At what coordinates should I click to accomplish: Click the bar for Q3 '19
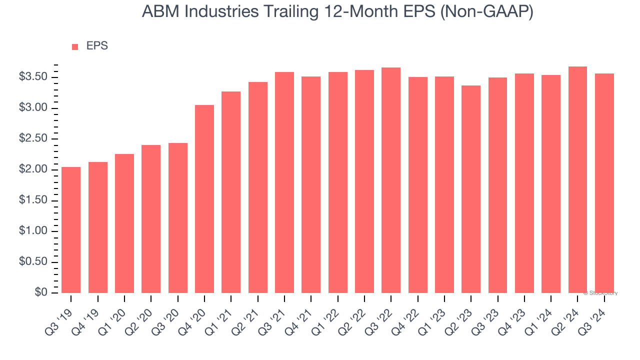click(x=71, y=230)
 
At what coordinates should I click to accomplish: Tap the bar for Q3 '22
click(x=391, y=180)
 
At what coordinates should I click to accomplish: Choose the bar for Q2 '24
click(x=577, y=179)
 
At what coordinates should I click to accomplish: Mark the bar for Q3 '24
click(x=604, y=183)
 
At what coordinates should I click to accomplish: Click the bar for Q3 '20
click(x=177, y=218)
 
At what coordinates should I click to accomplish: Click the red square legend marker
click(x=75, y=46)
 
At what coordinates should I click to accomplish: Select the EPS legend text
click(x=97, y=46)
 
